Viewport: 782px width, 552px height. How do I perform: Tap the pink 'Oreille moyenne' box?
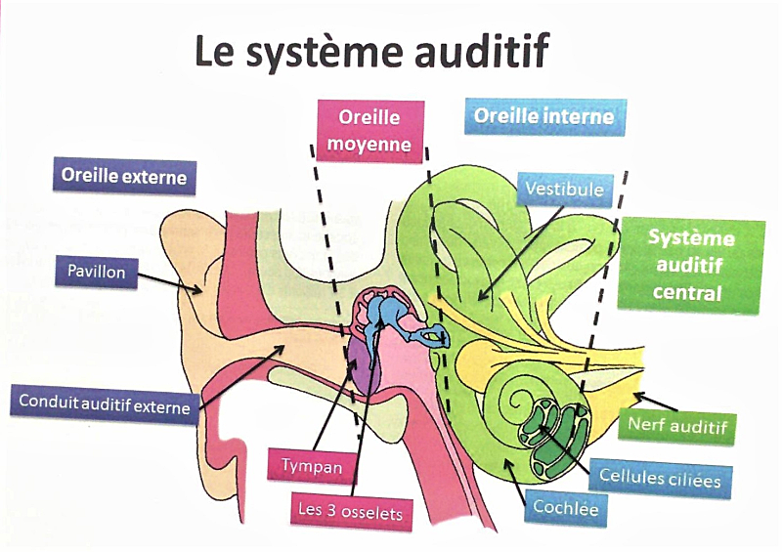[x=369, y=132]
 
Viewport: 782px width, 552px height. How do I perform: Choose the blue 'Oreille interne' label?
[x=543, y=116]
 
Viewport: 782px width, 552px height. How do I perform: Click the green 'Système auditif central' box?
[x=691, y=265]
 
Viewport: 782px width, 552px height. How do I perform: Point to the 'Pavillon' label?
[x=97, y=271]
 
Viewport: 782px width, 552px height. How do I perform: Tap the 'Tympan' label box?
[x=311, y=466]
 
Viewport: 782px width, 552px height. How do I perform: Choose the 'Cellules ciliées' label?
[x=660, y=480]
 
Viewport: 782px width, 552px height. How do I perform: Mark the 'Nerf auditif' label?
[x=677, y=426]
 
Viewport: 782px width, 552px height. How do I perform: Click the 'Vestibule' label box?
[x=564, y=188]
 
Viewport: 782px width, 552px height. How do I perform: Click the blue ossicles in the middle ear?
[x=391, y=314]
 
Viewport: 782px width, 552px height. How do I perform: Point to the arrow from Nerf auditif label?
[x=654, y=401]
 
